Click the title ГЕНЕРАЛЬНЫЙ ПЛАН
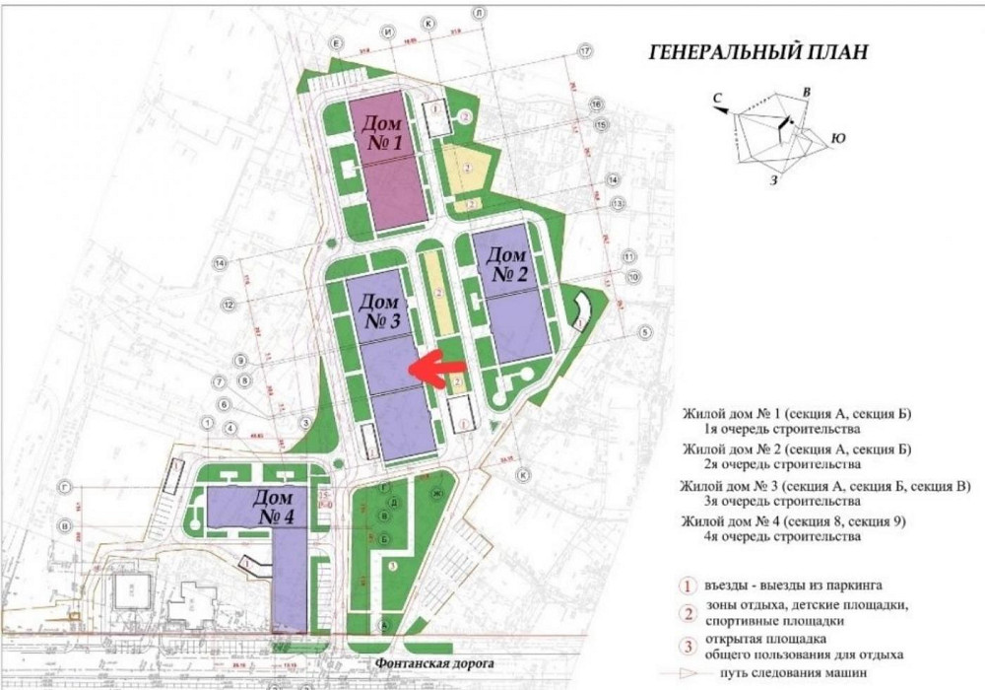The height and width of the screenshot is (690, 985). tap(758, 52)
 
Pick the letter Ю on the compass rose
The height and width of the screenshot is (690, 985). tap(838, 137)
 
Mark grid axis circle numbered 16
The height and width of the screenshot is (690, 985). tap(597, 103)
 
